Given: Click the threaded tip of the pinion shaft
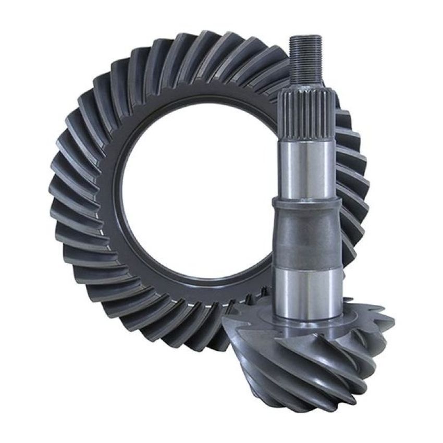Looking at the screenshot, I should click(x=304, y=57).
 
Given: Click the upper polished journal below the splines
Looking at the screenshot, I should click(x=305, y=169).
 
